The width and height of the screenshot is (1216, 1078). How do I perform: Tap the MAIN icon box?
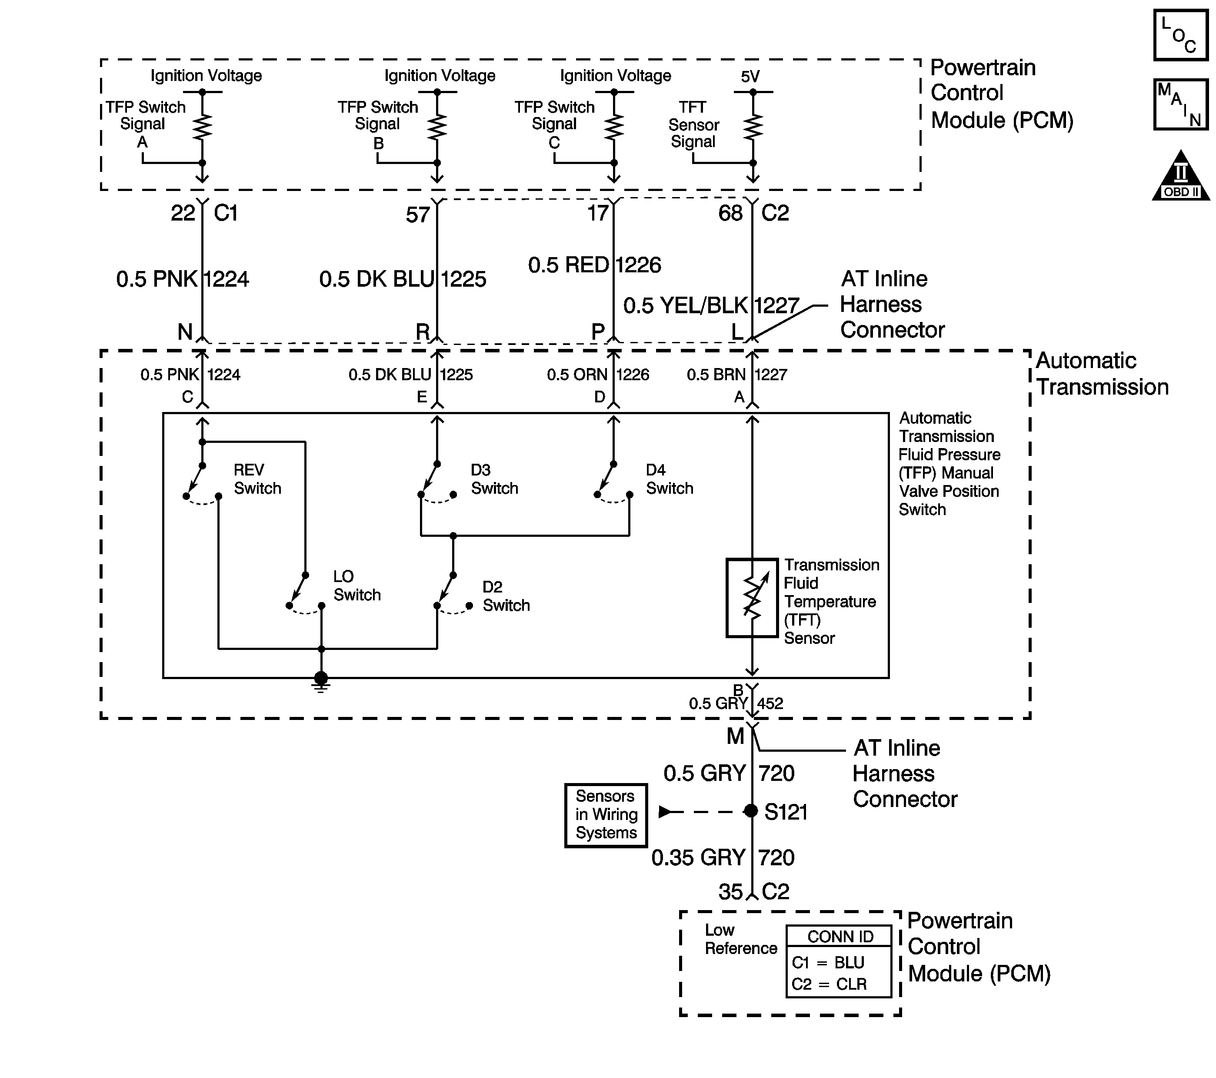click(1181, 104)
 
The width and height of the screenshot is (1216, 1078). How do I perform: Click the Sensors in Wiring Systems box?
click(606, 815)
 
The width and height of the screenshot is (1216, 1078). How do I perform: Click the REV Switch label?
click(257, 479)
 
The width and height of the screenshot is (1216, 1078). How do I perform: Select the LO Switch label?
click(357, 586)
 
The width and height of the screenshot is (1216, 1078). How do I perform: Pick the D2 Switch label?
click(506, 596)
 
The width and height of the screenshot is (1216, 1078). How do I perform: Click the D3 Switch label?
click(494, 479)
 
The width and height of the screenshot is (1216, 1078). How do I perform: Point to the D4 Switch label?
click(669, 479)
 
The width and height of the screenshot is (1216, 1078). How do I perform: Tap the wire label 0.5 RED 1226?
click(594, 265)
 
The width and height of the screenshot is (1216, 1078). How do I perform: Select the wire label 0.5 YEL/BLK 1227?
click(711, 305)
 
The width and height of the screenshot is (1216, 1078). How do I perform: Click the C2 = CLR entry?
click(829, 984)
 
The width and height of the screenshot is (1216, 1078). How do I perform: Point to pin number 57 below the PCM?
click(418, 214)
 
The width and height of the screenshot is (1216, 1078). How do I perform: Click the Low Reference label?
click(741, 939)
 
